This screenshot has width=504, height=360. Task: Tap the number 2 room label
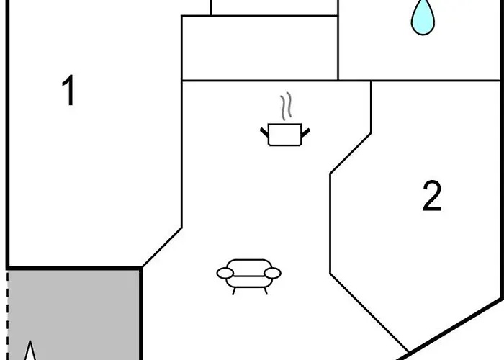[x=431, y=197]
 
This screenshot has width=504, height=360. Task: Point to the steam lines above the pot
[x=287, y=106]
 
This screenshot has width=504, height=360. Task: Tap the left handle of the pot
[x=264, y=130]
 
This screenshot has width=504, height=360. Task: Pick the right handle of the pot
[x=306, y=131]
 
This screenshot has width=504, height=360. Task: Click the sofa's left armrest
[x=225, y=274]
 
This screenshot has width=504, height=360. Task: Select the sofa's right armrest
[x=272, y=273]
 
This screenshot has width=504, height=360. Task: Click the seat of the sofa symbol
[x=249, y=274]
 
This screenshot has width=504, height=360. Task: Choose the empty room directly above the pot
[x=259, y=48]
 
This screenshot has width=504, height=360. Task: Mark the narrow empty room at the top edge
[x=274, y=7]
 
